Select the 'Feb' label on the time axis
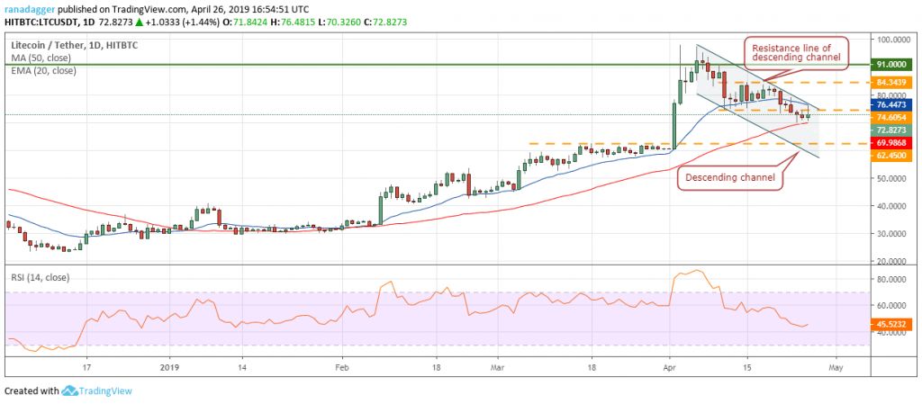[342, 367]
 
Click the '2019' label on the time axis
[169, 367]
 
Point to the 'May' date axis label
[836, 367]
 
